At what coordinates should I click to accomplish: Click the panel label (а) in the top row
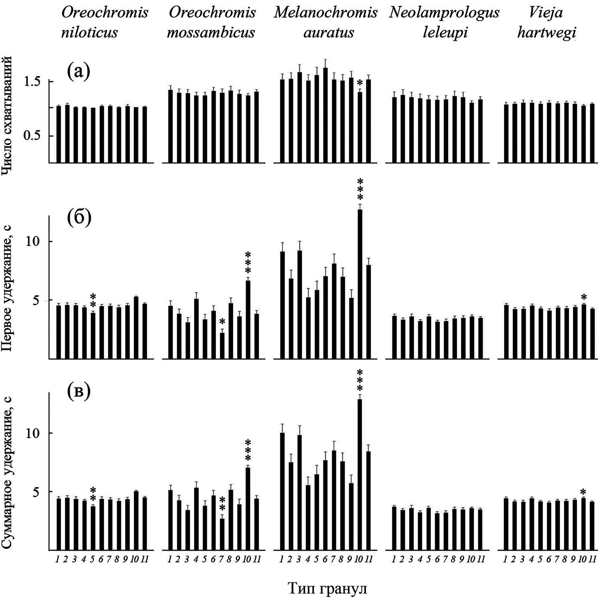78,72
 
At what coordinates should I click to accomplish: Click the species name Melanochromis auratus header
326,23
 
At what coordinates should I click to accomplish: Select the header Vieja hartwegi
546,23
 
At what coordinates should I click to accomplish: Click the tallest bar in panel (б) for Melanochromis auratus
360,285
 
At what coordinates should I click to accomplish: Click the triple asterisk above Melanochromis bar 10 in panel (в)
360,380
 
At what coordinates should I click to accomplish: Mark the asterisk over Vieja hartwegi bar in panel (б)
584,298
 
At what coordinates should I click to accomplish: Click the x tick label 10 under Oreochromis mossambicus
247,560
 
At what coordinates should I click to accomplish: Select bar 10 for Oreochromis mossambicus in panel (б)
248,320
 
